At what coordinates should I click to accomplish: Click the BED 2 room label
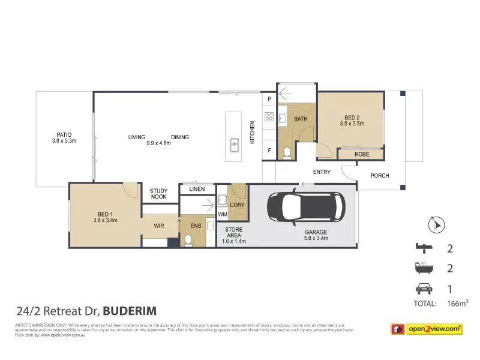tap(351, 121)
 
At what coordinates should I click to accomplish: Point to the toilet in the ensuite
tap(187, 239)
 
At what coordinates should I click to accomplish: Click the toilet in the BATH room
tap(287, 153)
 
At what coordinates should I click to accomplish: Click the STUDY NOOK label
tap(159, 194)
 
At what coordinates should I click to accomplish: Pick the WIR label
tap(158, 226)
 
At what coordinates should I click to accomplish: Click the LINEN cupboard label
tap(197, 189)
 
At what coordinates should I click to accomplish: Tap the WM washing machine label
tap(222, 214)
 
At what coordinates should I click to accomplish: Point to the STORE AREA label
tap(233, 235)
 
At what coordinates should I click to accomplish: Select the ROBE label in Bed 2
tap(361, 154)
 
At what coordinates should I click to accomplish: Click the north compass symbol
tap(436, 225)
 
